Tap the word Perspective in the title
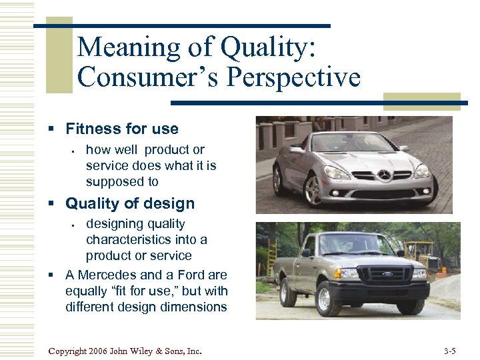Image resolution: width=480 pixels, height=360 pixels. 294,78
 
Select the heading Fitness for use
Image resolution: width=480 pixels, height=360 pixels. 122,129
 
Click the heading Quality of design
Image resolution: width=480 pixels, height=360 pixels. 130,203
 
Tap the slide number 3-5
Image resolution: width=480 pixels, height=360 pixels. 449,351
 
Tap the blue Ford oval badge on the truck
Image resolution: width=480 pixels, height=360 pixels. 387,274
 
